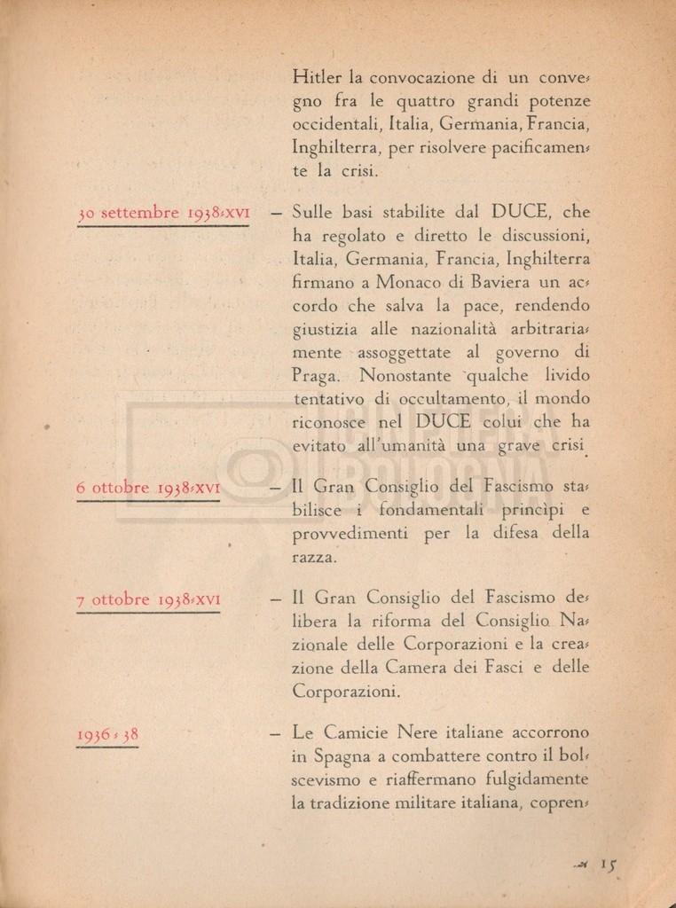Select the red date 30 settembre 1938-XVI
[163, 213]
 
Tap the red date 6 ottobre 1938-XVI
[148, 488]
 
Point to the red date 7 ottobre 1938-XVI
[148, 599]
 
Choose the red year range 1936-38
[106, 734]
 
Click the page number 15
[608, 863]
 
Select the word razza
[313, 558]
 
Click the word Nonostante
[405, 375]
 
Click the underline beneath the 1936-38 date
[106, 747]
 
